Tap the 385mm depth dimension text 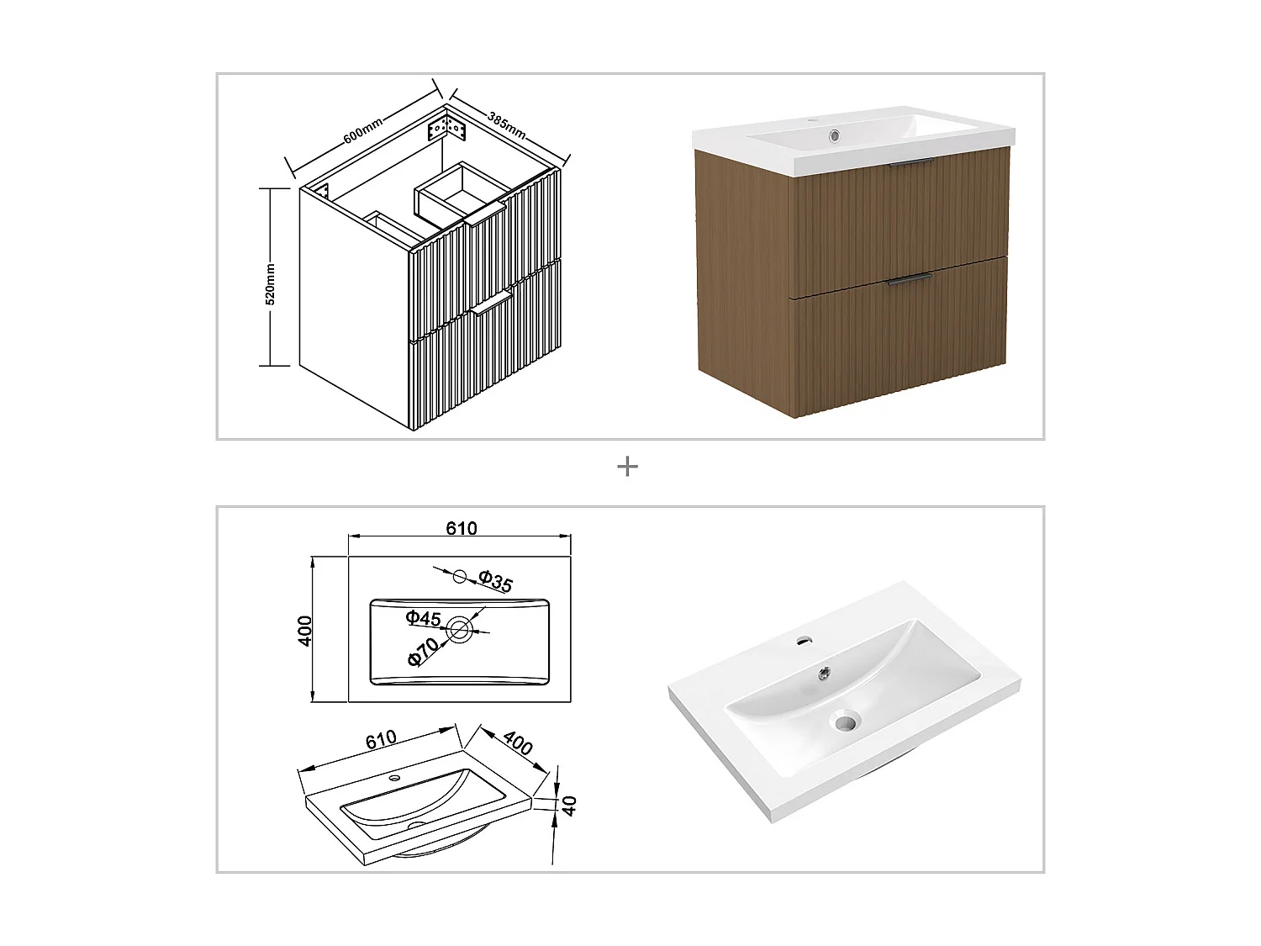[x=507, y=124]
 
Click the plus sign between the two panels [x=627, y=467]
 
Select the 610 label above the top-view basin [x=461, y=528]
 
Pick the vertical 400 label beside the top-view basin [x=306, y=630]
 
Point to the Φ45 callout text [x=423, y=619]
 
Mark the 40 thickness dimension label [x=569, y=805]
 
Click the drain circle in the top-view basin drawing [x=460, y=629]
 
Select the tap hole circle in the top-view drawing [x=459, y=576]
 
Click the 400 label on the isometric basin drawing [x=518, y=744]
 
